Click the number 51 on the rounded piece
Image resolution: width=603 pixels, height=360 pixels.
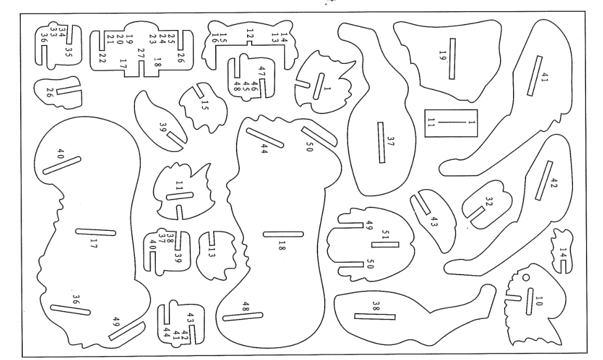tap(386, 234)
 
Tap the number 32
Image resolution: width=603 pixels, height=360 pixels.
tap(489, 201)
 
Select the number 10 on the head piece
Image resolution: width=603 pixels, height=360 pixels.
tap(538, 301)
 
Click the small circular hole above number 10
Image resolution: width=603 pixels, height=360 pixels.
tap(525, 277)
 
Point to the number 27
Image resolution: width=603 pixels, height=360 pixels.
tap(141, 53)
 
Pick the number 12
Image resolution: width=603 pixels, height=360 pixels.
tap(250, 34)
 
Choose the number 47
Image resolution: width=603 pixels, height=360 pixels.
tap(261, 71)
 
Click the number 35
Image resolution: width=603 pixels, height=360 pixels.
tap(69, 52)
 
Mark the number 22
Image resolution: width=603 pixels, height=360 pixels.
tap(102, 58)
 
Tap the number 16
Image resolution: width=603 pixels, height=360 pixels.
tap(214, 38)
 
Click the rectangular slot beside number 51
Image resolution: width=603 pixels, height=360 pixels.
tap(385, 245)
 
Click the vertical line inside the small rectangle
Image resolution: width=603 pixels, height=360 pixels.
tap(451, 123)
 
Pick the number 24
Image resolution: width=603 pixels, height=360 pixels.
tap(162, 38)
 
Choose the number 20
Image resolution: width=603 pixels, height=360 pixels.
tap(119, 39)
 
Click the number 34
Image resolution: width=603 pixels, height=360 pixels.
tap(63, 29)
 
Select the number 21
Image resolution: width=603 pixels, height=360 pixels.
tap(110, 39)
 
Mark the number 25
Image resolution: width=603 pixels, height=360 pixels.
tap(171, 38)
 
